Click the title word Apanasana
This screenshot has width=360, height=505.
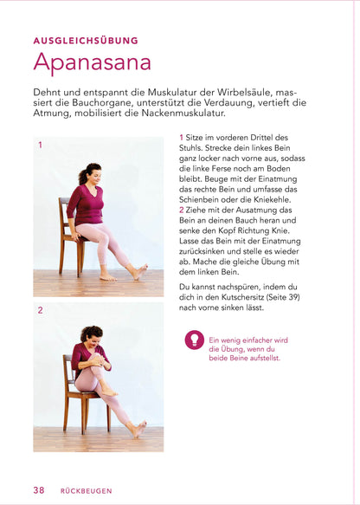[92, 63]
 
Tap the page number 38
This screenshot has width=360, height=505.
[39, 489]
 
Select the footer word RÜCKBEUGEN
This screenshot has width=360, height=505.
[86, 490]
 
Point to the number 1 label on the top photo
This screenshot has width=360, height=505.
[40, 146]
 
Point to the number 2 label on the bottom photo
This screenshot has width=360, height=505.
[40, 309]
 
